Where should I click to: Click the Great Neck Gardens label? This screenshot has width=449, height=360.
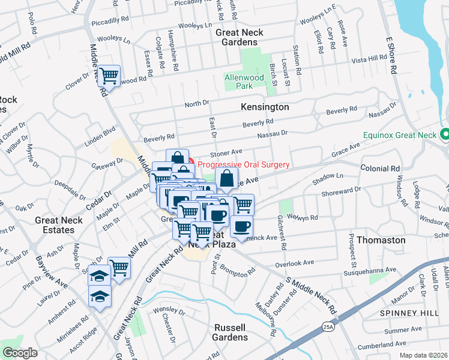[241, 37]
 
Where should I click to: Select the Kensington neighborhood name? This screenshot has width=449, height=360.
[265, 107]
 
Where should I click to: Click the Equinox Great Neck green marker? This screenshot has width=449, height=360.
[445, 134]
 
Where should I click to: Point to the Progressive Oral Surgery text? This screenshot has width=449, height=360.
[244, 164]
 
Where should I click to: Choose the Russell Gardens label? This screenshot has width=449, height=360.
[230, 332]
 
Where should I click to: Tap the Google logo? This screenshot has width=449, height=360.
[20, 352]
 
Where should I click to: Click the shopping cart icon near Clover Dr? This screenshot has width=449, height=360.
[109, 76]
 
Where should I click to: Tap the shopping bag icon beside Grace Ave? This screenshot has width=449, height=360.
[226, 178]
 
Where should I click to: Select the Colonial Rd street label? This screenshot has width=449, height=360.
[381, 169]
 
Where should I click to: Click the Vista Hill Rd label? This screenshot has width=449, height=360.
[369, 58]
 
